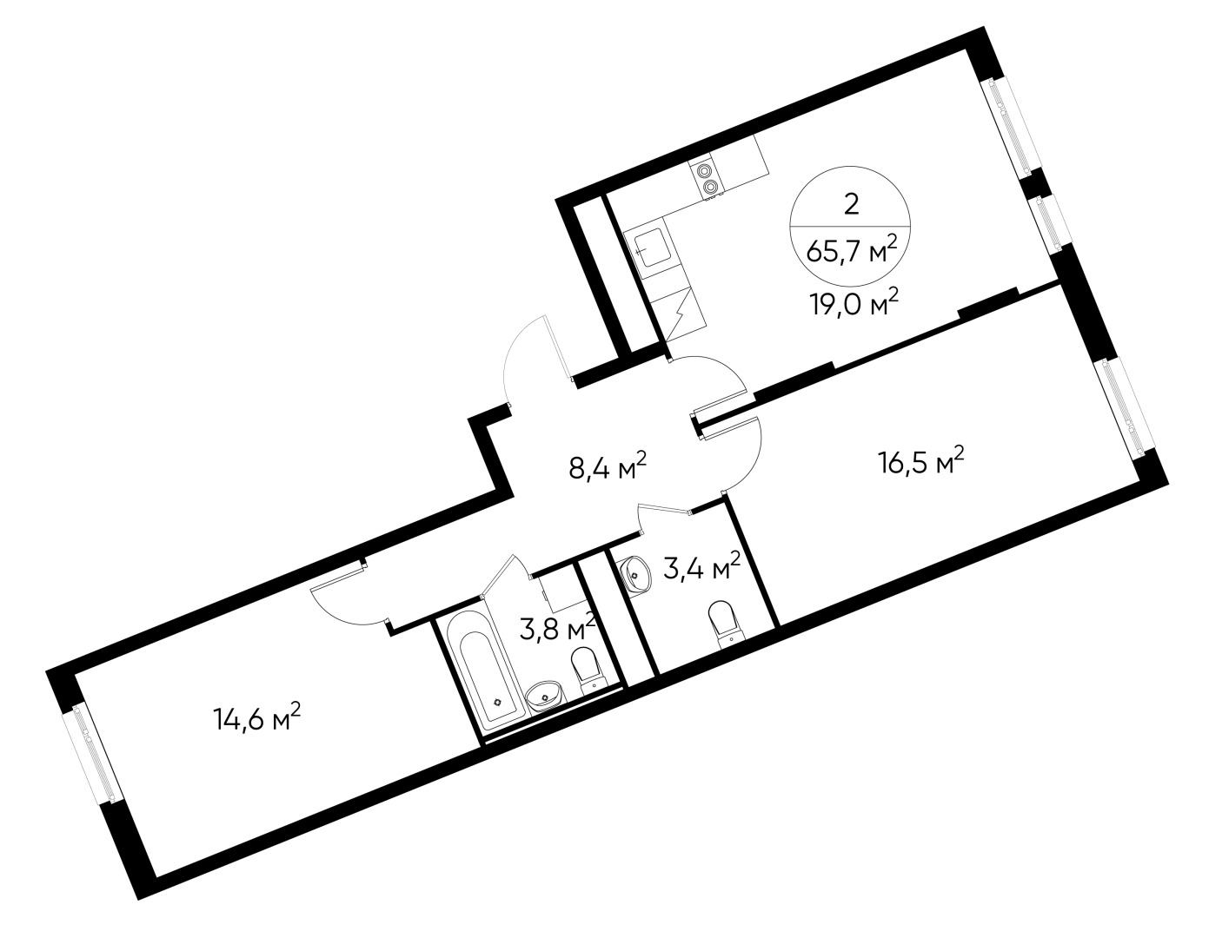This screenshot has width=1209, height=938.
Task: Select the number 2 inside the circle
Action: pos(852,204)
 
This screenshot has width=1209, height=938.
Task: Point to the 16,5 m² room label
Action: pos(920,462)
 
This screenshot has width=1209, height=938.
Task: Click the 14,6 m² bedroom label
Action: pos(257,718)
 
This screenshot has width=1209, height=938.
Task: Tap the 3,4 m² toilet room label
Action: pos(701,571)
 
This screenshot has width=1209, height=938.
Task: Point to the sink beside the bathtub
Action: pos(545,697)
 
